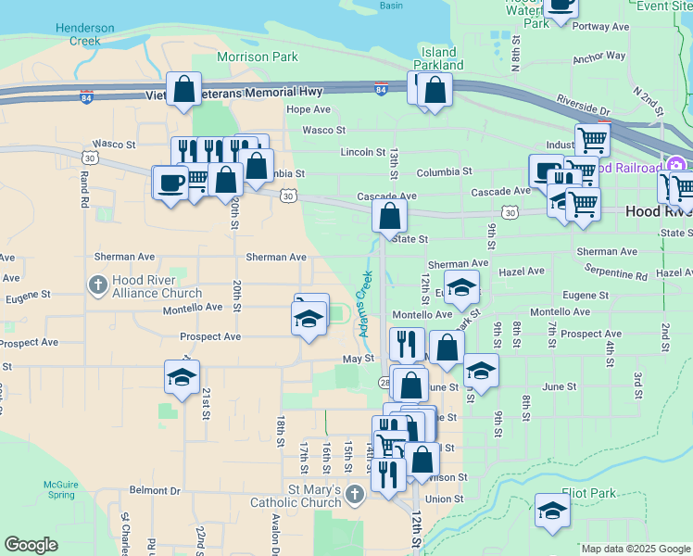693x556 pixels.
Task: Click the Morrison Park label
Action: pos(258,57)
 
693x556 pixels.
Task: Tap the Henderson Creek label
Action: pos(84,35)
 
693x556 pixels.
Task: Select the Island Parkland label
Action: pos(438,58)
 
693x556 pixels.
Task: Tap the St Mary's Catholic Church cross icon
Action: pos(353,495)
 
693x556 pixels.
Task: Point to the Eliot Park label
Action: pos(588,494)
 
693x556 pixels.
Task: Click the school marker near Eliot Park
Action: pos(552,511)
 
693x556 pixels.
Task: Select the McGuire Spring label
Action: pos(61,489)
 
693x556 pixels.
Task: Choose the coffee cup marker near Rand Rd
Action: pos(170,182)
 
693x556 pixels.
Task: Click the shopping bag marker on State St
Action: pos(390,217)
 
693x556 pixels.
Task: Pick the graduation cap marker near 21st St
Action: pos(182,375)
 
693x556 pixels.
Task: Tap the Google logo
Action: pos(31,545)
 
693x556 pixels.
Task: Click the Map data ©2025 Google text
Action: pos(636,549)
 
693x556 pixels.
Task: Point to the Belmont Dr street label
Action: pos(155,490)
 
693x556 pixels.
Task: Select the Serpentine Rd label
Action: pos(616,275)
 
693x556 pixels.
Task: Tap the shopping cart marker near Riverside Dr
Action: pos(591,140)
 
